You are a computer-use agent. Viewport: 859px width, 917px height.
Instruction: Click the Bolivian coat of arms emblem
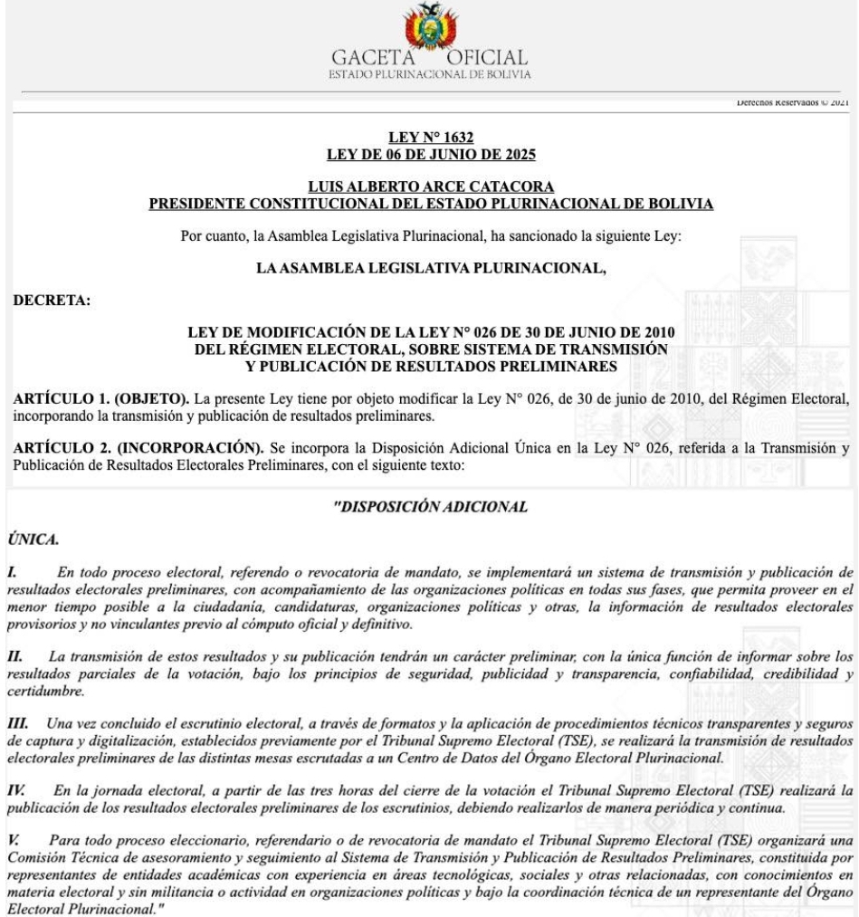(430, 24)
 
